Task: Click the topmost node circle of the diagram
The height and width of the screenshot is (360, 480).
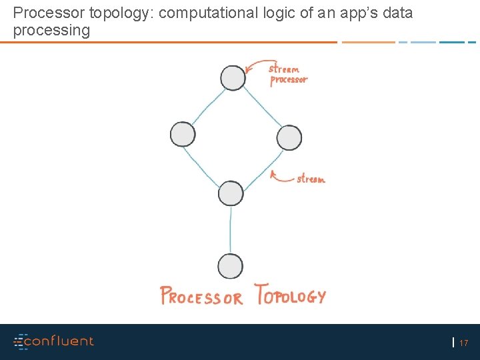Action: click(x=233, y=77)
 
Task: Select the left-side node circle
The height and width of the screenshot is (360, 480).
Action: click(x=183, y=134)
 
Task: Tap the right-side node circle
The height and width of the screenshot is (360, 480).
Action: click(x=289, y=137)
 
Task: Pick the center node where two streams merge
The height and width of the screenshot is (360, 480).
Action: click(x=231, y=193)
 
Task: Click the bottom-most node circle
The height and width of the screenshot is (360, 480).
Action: click(x=230, y=266)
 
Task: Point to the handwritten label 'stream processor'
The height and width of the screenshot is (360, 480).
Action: click(x=288, y=74)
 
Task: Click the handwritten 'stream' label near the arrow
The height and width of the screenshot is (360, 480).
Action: click(x=311, y=179)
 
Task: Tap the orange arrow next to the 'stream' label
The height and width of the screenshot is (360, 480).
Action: click(x=281, y=176)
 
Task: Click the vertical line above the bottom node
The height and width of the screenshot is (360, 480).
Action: click(x=231, y=229)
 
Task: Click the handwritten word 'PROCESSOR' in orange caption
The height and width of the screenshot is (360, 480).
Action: click(x=201, y=297)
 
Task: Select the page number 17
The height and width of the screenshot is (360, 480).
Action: click(x=464, y=343)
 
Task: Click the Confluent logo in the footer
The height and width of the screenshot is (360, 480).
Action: click(x=54, y=341)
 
